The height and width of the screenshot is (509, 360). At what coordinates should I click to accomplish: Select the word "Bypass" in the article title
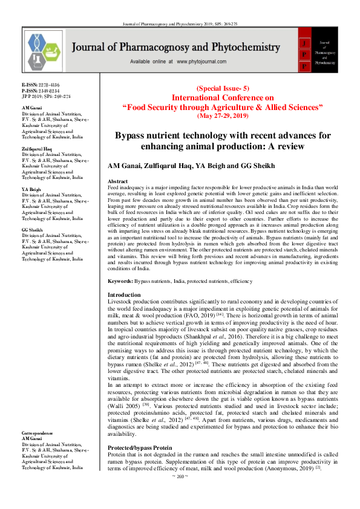[131, 136]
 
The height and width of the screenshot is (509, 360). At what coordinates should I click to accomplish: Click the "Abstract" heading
[117, 181]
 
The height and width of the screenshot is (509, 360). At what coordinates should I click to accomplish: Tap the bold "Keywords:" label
[120, 282]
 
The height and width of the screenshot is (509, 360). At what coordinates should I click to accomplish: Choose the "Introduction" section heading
[123, 295]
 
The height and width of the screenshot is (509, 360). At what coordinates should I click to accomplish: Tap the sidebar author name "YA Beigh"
[31, 189]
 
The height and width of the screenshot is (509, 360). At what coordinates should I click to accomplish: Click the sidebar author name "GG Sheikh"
[32, 230]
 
